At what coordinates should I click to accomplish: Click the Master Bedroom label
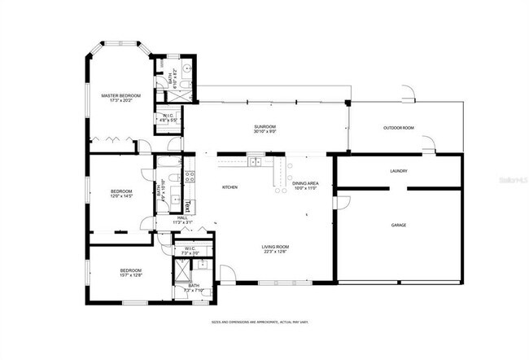point(120,96)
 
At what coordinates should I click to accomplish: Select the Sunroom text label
point(264,127)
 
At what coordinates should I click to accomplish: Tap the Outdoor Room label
point(399,128)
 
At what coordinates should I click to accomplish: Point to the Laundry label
point(399,171)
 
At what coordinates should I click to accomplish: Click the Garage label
point(399,225)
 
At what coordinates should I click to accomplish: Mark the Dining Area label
point(306,184)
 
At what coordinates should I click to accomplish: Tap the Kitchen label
point(230,188)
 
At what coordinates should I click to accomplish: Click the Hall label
point(182,217)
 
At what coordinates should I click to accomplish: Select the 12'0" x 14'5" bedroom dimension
point(121,196)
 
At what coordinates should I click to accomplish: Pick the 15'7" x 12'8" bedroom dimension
point(131,276)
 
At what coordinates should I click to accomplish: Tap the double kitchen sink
point(256,162)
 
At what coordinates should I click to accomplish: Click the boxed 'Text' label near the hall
point(186,206)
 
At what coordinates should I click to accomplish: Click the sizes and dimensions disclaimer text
point(264,322)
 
